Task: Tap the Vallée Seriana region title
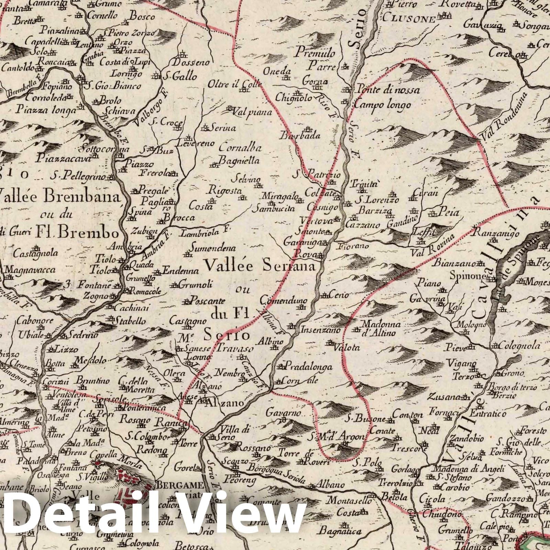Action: tap(260, 266)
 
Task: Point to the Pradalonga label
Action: tap(309, 367)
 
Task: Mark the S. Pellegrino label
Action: tap(79, 177)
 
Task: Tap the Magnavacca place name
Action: tap(31, 270)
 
